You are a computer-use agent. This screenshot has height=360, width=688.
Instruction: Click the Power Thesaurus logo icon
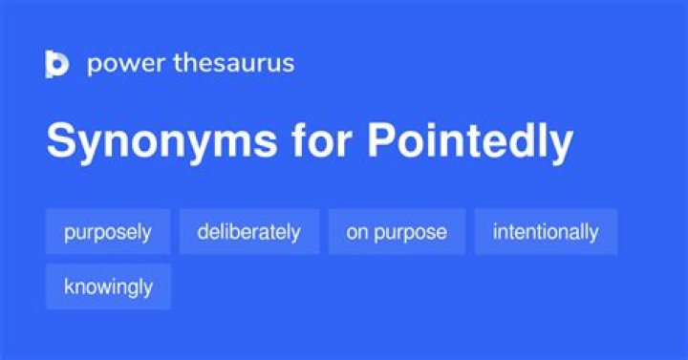click(57, 64)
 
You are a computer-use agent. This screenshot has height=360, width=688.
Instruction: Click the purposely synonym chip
click(108, 232)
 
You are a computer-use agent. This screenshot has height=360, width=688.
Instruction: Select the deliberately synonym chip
click(248, 232)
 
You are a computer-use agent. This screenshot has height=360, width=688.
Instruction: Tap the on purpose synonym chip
click(397, 232)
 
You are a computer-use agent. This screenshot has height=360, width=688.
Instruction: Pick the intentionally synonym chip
click(546, 232)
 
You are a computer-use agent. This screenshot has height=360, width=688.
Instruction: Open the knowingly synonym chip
click(108, 286)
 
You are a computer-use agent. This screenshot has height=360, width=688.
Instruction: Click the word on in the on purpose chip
click(356, 232)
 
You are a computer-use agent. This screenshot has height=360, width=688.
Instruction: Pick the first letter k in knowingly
click(69, 286)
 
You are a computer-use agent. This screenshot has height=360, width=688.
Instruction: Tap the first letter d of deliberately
click(203, 232)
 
